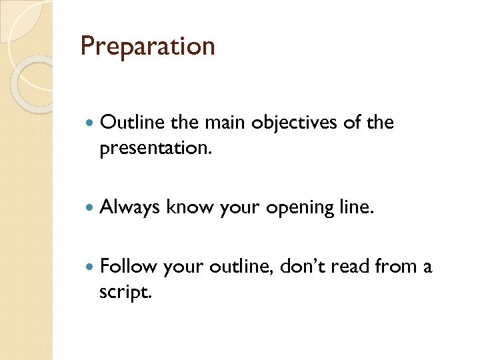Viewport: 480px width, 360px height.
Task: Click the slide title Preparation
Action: tap(147, 47)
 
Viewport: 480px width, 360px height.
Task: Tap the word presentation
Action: tap(155, 148)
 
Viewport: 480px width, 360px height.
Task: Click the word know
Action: tap(187, 208)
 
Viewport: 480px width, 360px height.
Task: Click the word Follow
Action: tap(128, 267)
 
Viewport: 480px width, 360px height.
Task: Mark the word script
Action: tap(125, 292)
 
